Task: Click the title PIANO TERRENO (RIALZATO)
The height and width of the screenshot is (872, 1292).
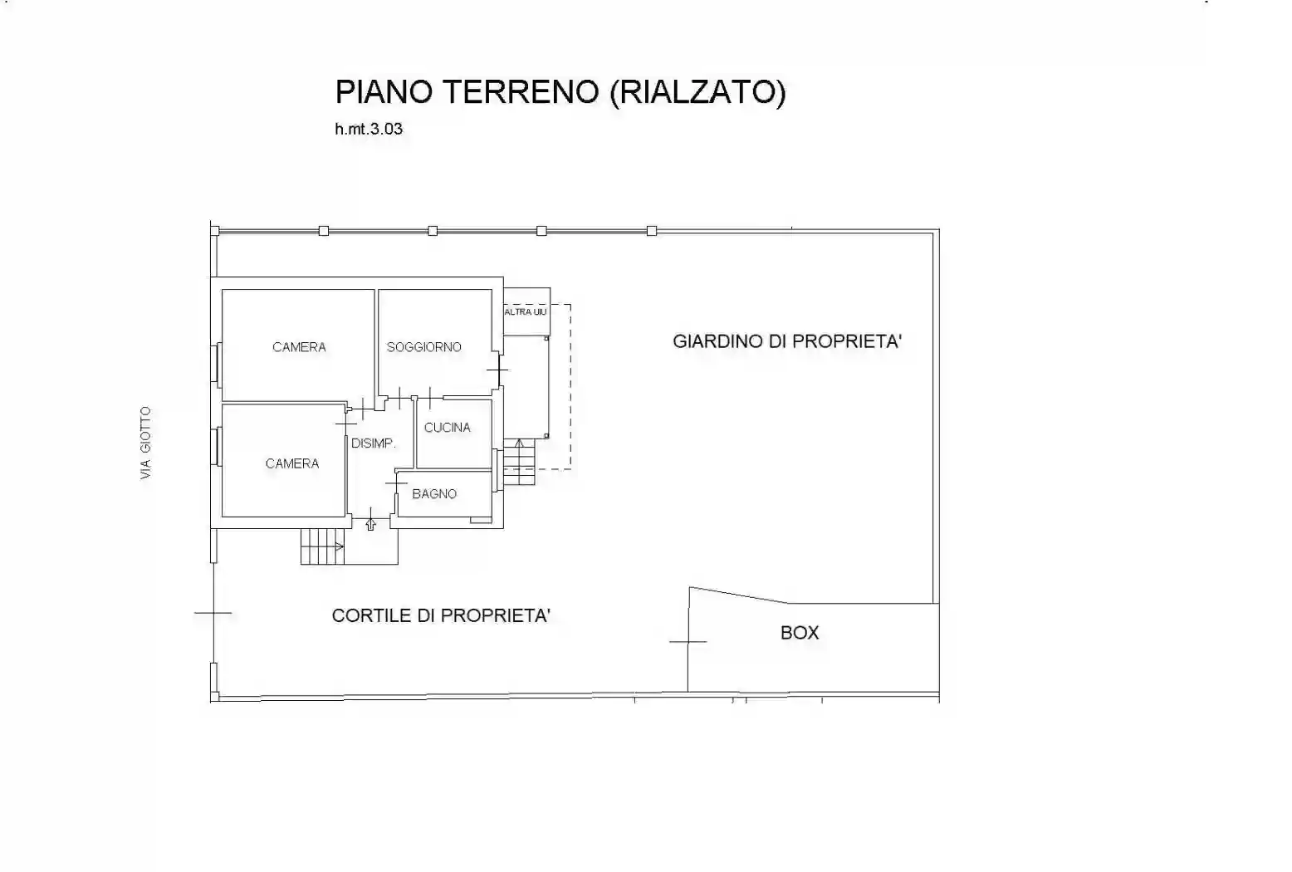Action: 560,91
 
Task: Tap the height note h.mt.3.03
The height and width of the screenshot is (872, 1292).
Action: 369,130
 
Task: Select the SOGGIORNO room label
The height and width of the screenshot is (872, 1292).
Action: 423,347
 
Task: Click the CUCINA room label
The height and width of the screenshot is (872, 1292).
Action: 447,428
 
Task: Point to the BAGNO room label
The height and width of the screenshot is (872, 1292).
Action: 434,494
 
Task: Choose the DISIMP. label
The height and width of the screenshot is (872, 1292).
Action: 373,443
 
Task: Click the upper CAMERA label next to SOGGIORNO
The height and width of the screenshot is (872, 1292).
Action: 299,347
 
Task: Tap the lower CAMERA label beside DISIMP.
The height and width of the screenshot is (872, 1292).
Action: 291,463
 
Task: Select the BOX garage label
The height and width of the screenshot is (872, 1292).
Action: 800,633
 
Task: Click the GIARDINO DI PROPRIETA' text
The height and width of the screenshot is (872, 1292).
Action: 786,341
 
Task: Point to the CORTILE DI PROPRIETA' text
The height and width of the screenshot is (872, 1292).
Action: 441,615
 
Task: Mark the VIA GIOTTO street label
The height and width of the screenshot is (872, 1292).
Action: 146,443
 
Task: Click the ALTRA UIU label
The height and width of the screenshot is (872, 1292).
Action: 526,312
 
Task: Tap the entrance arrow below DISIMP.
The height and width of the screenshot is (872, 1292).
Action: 370,523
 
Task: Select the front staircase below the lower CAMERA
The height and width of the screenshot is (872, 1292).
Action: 322,546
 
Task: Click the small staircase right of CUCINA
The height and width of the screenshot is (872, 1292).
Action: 519,462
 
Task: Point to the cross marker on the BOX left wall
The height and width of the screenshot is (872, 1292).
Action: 688,641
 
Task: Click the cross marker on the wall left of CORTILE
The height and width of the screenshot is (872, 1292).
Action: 213,614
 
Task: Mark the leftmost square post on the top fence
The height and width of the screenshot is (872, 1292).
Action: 323,231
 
